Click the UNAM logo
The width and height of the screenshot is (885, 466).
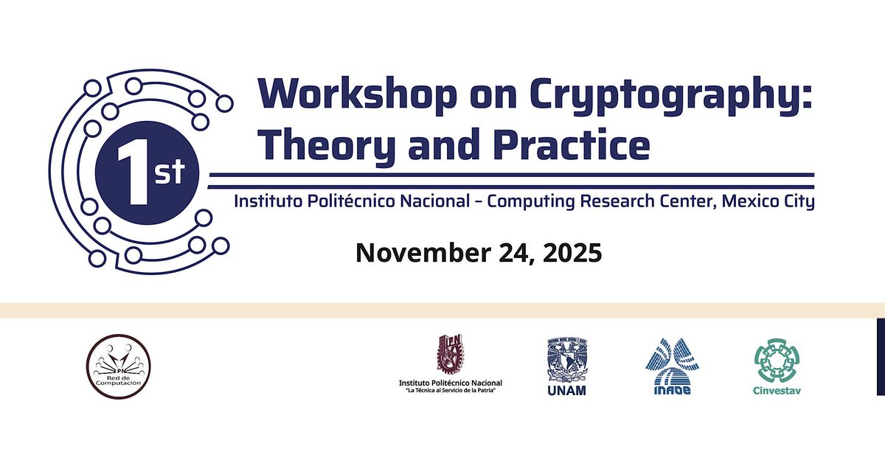(567, 366)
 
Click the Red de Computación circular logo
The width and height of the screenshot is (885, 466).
(118, 366)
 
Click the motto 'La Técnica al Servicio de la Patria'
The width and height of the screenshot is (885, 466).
(451, 391)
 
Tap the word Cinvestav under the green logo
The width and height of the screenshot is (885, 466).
(778, 389)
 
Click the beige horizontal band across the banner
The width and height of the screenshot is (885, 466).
(442, 310)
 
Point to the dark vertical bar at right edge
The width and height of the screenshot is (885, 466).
(881, 356)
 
